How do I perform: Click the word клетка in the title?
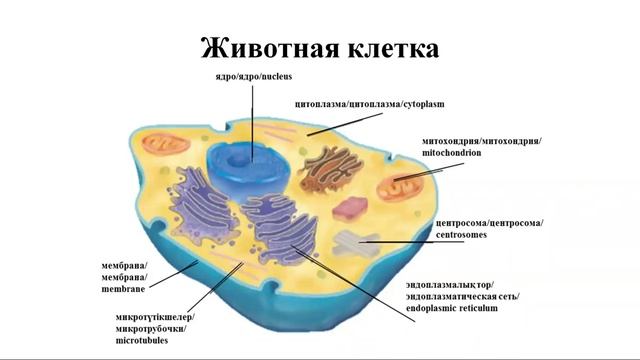(x=392, y=47)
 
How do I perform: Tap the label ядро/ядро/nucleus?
(x=253, y=76)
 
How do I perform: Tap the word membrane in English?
(x=123, y=289)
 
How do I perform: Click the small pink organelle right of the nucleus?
(x=350, y=209)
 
